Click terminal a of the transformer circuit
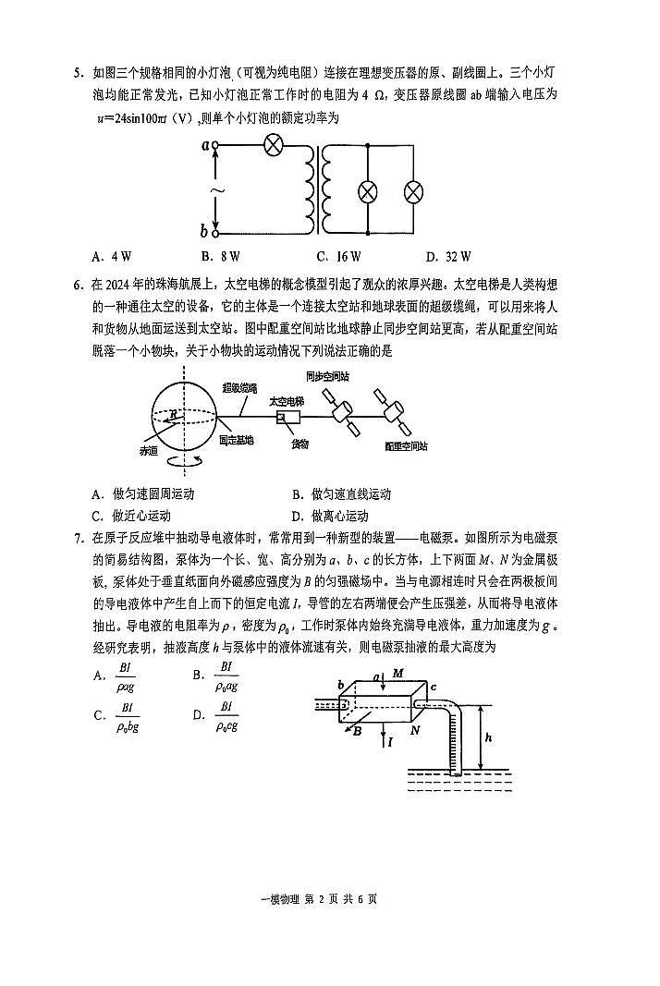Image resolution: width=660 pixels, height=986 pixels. click(x=214, y=145)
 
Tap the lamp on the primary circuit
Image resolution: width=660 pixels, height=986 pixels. click(x=273, y=145)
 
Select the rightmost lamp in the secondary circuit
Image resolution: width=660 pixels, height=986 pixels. click(x=415, y=191)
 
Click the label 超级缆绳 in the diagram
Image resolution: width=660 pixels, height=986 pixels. click(x=241, y=389)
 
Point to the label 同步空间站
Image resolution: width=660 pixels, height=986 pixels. click(x=327, y=377)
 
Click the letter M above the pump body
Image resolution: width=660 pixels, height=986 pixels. click(x=398, y=675)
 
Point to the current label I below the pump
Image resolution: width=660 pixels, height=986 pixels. click(x=389, y=741)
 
